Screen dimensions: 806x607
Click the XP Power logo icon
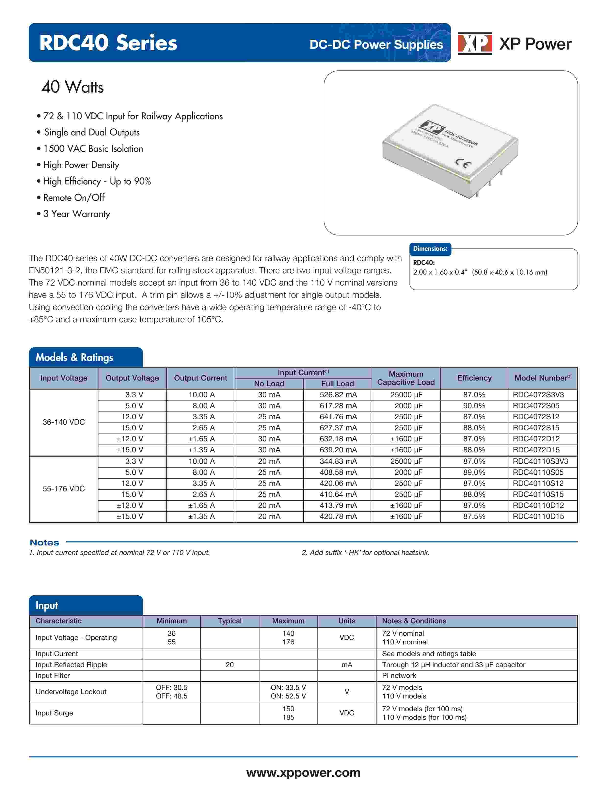(x=475, y=43)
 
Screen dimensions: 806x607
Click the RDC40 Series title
(x=108, y=43)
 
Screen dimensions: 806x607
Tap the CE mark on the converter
(x=463, y=164)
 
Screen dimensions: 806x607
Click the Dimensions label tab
(x=430, y=249)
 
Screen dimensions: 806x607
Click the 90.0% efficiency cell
(x=474, y=406)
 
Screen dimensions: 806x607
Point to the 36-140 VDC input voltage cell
(x=64, y=422)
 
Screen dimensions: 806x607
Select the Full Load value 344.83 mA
(x=338, y=461)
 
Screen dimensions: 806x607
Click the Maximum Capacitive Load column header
(x=406, y=378)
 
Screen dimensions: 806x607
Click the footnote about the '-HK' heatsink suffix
(x=365, y=552)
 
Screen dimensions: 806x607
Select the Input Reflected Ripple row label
(x=71, y=665)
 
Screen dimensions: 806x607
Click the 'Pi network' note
(x=399, y=675)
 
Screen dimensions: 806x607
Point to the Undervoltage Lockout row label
(x=71, y=692)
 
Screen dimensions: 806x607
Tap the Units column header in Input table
(x=346, y=621)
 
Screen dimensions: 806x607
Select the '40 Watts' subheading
(x=72, y=87)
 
